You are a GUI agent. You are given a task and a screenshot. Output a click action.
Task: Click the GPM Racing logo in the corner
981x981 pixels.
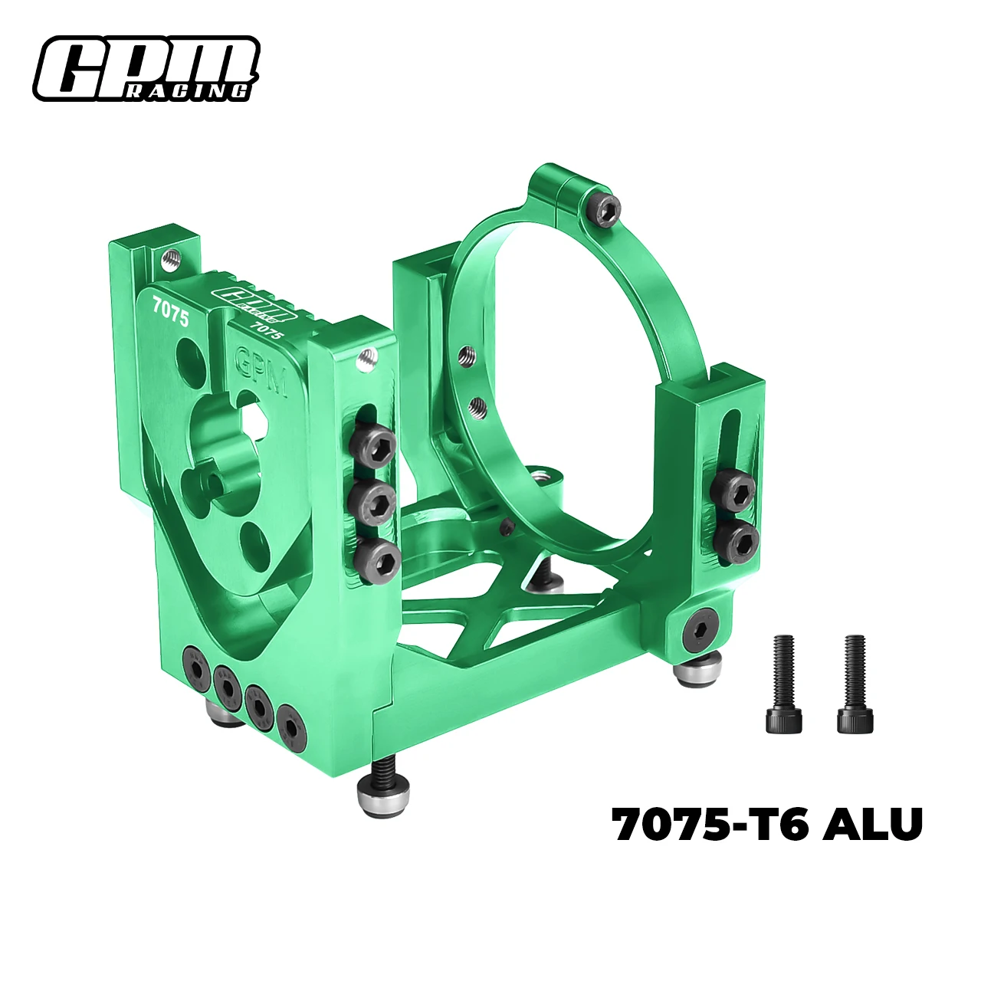146,68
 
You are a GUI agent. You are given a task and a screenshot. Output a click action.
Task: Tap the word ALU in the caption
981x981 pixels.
872,824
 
